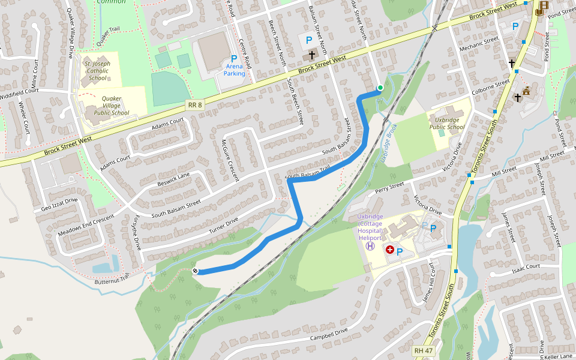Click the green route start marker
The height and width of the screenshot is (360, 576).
(380, 88)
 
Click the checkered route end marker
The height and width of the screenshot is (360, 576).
(195, 272)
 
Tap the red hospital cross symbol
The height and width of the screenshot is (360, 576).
(390, 249)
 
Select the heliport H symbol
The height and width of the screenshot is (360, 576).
(370, 245)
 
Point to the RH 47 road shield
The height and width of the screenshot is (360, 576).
(423, 350)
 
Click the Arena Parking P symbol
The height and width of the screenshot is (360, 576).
(234, 59)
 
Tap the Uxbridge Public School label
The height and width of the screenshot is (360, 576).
(447, 123)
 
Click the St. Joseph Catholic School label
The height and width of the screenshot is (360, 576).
(98, 70)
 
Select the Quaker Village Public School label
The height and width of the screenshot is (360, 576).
(107, 106)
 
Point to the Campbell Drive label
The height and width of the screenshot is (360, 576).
(329, 334)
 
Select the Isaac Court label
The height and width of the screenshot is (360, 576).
(526, 268)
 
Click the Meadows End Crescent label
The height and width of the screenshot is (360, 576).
(86, 224)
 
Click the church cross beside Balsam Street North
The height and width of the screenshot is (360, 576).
(311, 55)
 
